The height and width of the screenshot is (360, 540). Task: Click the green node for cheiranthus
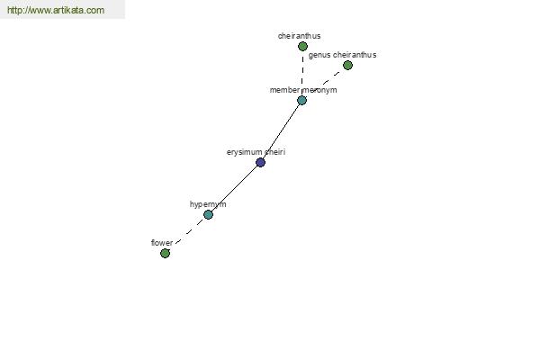tap(302, 46)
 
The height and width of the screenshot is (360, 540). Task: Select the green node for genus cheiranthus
tap(347, 65)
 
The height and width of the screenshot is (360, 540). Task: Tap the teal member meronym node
tap(302, 100)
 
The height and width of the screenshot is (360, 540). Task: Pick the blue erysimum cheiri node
tap(261, 162)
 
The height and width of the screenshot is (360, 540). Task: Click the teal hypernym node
tap(209, 214)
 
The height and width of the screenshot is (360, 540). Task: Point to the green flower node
tap(166, 253)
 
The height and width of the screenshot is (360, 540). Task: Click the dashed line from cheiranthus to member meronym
tap(302, 73)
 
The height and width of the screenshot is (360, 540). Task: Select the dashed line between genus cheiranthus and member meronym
tap(325, 83)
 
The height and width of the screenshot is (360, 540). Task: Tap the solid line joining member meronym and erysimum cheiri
tap(282, 131)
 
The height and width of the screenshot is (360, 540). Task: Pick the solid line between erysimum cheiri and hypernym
tap(235, 188)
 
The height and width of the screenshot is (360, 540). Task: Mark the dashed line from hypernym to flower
tap(186, 234)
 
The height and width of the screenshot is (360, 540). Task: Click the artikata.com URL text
tap(56, 10)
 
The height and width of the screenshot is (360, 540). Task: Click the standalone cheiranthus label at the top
tap(300, 36)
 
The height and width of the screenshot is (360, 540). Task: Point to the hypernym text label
tap(208, 204)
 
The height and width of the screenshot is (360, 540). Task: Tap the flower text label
tap(162, 243)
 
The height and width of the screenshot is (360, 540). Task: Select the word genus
tap(319, 55)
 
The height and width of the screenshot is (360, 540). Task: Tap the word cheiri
tap(275, 152)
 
